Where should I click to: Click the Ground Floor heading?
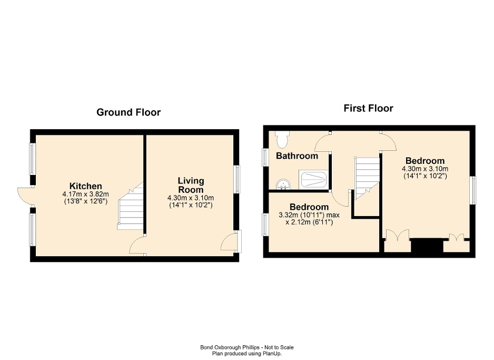coord(129,112)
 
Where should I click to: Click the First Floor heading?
coord(368,109)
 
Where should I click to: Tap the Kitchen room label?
coord(85,186)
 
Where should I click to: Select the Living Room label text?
coord(190,185)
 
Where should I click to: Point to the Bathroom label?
coord(297,156)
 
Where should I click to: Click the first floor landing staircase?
coord(367,176)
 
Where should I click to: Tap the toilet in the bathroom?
coord(282,139)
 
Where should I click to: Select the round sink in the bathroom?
coord(283,183)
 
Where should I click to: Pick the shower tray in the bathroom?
coord(314,179)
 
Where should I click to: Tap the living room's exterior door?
coord(229,242)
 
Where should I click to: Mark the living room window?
coord(238,179)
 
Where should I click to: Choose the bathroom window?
coord(265,157)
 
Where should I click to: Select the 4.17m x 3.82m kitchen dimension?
coord(85,194)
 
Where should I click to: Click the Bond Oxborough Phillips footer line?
coord(246,347)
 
